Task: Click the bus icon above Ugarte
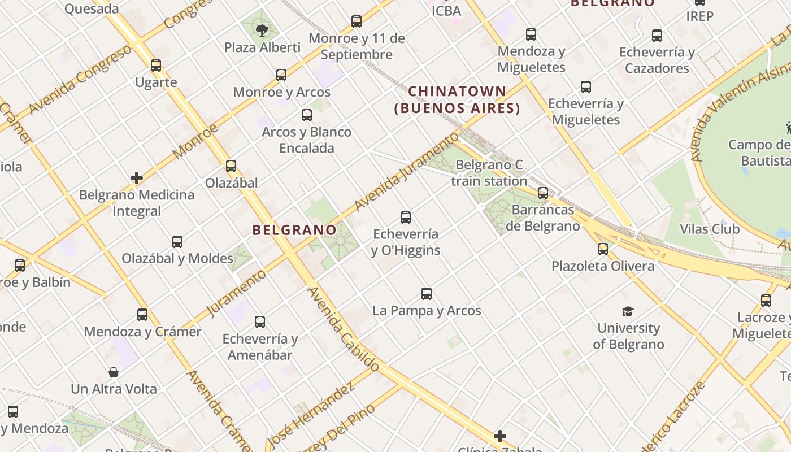pos(156,66)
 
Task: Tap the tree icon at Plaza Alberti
pos(262,30)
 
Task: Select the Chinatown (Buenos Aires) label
pos(457,99)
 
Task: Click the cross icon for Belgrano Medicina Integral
pos(137,179)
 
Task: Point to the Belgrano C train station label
pos(489,173)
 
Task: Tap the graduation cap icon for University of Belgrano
pos(628,311)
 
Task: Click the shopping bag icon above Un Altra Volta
pos(114,372)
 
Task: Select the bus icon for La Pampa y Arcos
pos(427,294)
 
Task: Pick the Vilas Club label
pos(710,229)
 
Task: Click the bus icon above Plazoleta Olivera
pos(603,249)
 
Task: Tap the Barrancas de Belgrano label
pos(542,218)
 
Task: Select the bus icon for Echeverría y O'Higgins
pos(406,218)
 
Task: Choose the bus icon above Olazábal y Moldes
pos(177,242)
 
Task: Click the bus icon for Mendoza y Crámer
pos(142,315)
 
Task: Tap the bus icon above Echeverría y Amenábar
pos(260,322)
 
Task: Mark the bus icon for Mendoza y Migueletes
pos(531,34)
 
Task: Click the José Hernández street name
pos(311,414)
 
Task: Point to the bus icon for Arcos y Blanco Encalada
pos(307,115)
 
